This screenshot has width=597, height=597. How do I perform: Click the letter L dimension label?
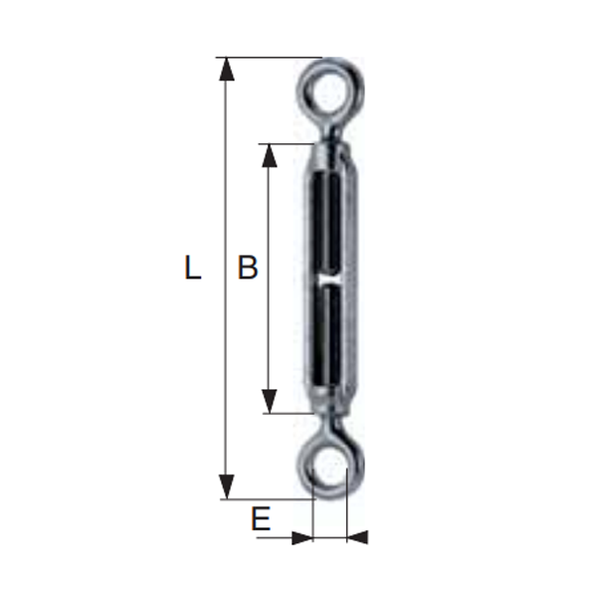point(193,268)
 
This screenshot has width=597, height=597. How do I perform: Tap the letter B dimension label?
point(247,268)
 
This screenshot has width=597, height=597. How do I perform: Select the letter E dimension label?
point(261,518)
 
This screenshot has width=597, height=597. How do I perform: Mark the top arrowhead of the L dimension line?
point(228,69)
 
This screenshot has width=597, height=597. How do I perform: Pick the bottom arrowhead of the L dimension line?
point(228,488)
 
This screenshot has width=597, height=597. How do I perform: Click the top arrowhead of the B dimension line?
point(268,155)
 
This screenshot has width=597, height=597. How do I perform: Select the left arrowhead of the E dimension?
point(301,537)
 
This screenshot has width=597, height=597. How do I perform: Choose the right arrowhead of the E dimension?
point(358,537)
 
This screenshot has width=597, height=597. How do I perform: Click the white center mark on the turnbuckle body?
point(328,283)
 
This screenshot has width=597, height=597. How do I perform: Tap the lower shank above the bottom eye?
point(329,425)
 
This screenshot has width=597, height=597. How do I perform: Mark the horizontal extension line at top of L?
point(269,58)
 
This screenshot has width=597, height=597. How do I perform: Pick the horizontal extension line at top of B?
point(289,144)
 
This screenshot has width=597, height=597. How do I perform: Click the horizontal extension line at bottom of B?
point(289,413)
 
